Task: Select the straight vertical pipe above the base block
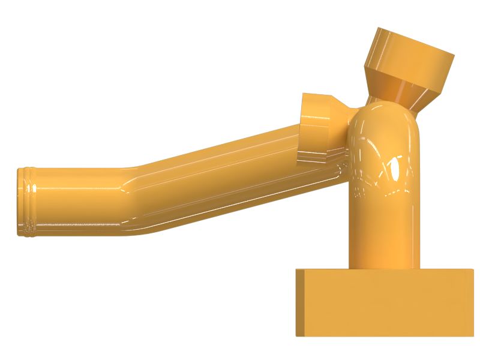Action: (384, 234)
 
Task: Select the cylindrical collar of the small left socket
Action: (315, 129)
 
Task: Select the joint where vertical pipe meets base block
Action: (384, 268)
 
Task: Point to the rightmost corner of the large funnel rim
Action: (453, 56)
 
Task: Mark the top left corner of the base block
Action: (296, 269)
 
